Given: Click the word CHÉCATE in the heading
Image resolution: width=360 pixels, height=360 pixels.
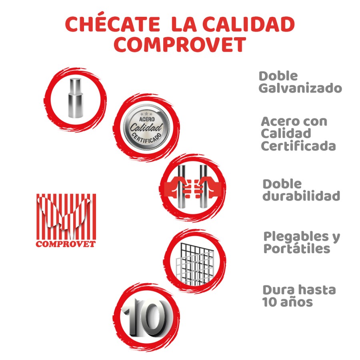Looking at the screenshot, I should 112,25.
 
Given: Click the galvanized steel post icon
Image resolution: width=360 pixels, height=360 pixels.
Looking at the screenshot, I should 75,98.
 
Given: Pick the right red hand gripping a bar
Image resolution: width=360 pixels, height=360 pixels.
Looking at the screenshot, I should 210,187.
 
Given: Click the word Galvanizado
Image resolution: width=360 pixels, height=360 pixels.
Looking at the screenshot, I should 300,88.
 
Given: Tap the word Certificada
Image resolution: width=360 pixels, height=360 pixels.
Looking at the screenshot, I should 298,146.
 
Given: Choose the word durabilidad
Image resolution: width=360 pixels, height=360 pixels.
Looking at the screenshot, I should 301,196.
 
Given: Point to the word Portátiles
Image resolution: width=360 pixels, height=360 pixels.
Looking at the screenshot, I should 296,249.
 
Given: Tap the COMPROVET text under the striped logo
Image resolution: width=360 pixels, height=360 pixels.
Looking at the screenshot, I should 66,244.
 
